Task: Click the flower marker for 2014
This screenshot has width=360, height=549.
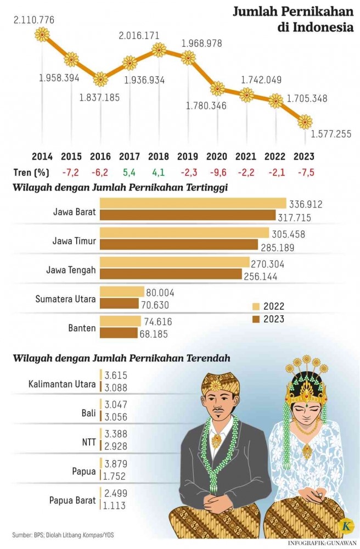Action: [42, 35]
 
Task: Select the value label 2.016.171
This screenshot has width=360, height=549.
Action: [139, 36]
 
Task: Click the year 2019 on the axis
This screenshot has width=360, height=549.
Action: [188, 156]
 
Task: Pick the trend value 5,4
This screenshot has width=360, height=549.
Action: [130, 172]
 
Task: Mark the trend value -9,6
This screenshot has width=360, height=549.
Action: [217, 172]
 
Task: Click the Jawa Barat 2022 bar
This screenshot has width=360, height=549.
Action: [193, 204]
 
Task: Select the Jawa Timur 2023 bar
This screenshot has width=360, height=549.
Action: [178, 244]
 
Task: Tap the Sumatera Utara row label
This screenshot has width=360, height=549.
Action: [65, 299]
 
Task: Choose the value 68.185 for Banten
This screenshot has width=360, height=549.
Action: [154, 333]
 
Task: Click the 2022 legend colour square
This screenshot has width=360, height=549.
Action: [256, 306]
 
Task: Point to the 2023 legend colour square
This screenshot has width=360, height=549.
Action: [256, 319]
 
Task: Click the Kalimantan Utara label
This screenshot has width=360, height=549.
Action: [62, 383]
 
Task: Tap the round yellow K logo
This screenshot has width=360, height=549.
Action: [346, 525]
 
